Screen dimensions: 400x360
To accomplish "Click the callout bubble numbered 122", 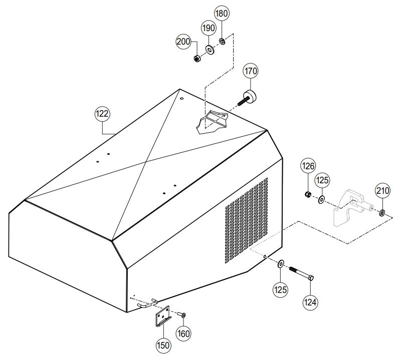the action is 102,114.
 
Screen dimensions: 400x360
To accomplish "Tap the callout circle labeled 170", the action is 251,71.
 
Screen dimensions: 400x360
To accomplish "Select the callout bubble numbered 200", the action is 183,42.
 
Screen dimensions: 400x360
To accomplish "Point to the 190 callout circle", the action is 209,28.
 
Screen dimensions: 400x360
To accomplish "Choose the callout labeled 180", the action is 222,14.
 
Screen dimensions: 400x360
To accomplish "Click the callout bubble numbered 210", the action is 382,191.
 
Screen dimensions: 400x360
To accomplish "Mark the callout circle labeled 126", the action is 308,166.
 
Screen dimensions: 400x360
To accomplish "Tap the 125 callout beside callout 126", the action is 322,180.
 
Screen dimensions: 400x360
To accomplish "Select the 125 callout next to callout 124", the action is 281,290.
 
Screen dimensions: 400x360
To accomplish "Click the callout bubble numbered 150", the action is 163,345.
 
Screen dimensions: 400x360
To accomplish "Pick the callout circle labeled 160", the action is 183,333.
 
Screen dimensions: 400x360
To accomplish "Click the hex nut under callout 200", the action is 197,59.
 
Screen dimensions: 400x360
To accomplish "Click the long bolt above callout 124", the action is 301,273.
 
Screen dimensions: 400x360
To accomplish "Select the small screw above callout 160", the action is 181,314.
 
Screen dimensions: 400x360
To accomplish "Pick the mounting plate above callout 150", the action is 162,316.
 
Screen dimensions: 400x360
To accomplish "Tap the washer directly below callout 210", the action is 382,213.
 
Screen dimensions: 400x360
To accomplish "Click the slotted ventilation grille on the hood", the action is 246,221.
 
